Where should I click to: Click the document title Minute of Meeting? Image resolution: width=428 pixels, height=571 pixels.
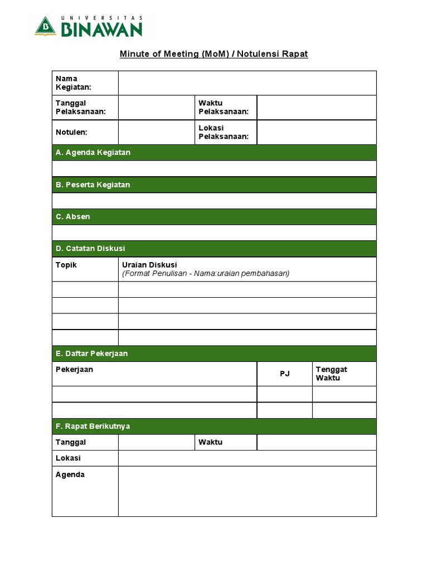coord(214,54)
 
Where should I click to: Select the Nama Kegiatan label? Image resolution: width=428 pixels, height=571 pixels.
coord(74,83)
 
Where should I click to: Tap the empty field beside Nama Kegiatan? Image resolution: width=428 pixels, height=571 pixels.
coord(247,83)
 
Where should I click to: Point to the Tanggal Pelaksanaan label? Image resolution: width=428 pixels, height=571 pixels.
coord(80,107)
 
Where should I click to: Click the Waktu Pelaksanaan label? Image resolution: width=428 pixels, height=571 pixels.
coord(223,107)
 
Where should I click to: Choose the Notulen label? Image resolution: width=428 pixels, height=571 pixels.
coord(71,132)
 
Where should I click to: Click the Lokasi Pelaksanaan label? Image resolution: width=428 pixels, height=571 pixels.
coord(223,132)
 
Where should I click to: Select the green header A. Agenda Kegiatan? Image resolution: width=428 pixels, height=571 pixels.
coord(93,152)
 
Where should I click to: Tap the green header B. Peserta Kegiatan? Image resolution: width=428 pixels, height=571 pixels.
coord(93,185)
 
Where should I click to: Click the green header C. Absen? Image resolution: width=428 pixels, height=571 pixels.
coord(72,216)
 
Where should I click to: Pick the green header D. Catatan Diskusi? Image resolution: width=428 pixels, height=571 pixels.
coord(90,248)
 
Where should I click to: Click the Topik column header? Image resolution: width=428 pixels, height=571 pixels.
coord(66,265)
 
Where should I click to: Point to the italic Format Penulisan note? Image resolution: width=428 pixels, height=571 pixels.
coord(206,273)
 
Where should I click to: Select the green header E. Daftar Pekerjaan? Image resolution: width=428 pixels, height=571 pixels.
coord(91,354)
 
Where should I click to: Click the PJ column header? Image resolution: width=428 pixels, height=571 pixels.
coord(285,374)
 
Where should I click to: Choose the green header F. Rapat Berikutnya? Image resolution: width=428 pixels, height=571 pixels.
coord(93,426)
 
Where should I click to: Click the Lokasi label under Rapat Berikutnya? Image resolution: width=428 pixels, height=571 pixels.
coord(68,458)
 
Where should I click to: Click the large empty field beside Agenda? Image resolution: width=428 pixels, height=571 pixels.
coord(247,491)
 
